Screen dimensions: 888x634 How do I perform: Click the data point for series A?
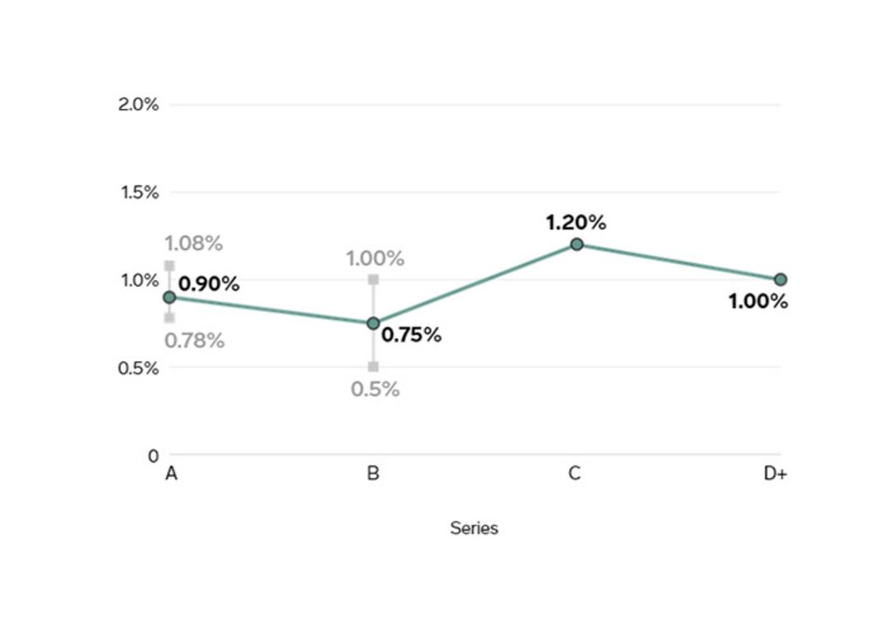coord(169,298)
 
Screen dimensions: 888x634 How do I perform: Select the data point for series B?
coord(373,323)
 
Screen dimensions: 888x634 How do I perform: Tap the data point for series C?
coord(576,244)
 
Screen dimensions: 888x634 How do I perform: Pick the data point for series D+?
coord(780,280)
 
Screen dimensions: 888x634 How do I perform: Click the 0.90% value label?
coord(209,284)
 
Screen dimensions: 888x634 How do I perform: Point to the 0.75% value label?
coord(411,335)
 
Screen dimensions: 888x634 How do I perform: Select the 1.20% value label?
coord(576,223)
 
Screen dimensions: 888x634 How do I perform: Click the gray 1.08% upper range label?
coord(194,243)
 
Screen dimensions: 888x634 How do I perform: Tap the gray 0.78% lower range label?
coord(195,340)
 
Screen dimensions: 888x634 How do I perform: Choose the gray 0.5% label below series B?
coord(375,389)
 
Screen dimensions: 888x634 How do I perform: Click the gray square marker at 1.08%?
coord(169,266)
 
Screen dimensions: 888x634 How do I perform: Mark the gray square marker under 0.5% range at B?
coord(373,367)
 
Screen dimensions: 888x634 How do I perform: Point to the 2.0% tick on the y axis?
coord(138,104)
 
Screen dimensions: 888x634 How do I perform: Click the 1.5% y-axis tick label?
coord(139,192)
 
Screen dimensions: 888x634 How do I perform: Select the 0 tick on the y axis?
coord(154,456)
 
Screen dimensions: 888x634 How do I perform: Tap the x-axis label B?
coord(373,473)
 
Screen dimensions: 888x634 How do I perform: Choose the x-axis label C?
coord(574,473)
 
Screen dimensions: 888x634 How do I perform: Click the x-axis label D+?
coord(775,473)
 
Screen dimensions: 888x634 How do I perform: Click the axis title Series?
coord(474,528)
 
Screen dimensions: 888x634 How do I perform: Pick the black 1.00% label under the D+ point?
coord(758,302)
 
